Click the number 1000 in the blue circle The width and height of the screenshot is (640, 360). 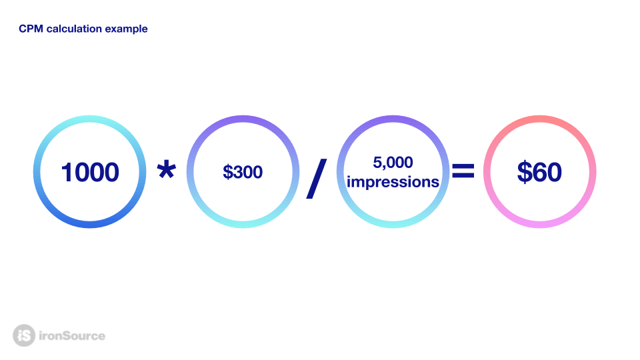tap(90, 172)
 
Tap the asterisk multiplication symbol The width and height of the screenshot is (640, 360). tap(167, 170)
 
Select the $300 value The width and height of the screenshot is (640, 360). tap(243, 172)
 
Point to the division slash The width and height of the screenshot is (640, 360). tap(316, 179)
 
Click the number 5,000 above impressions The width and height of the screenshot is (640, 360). tap(393, 163)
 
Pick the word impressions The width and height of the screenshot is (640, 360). tap(393, 182)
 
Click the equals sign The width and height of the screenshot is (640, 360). tap(463, 171)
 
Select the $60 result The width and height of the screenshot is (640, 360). tap(539, 172)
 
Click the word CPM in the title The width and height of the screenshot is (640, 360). tap(31, 29)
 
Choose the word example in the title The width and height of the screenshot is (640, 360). tap(126, 29)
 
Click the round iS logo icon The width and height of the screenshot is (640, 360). tap(24, 335)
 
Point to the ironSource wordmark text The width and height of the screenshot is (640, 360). tap(72, 336)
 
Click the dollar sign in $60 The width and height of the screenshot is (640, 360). tap(523, 172)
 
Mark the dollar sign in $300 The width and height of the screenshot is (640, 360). tap(227, 172)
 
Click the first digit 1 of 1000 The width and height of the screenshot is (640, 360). tap(67, 172)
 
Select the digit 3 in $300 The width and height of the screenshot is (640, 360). tap(237, 172)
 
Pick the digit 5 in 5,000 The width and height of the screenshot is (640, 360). tap(377, 163)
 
